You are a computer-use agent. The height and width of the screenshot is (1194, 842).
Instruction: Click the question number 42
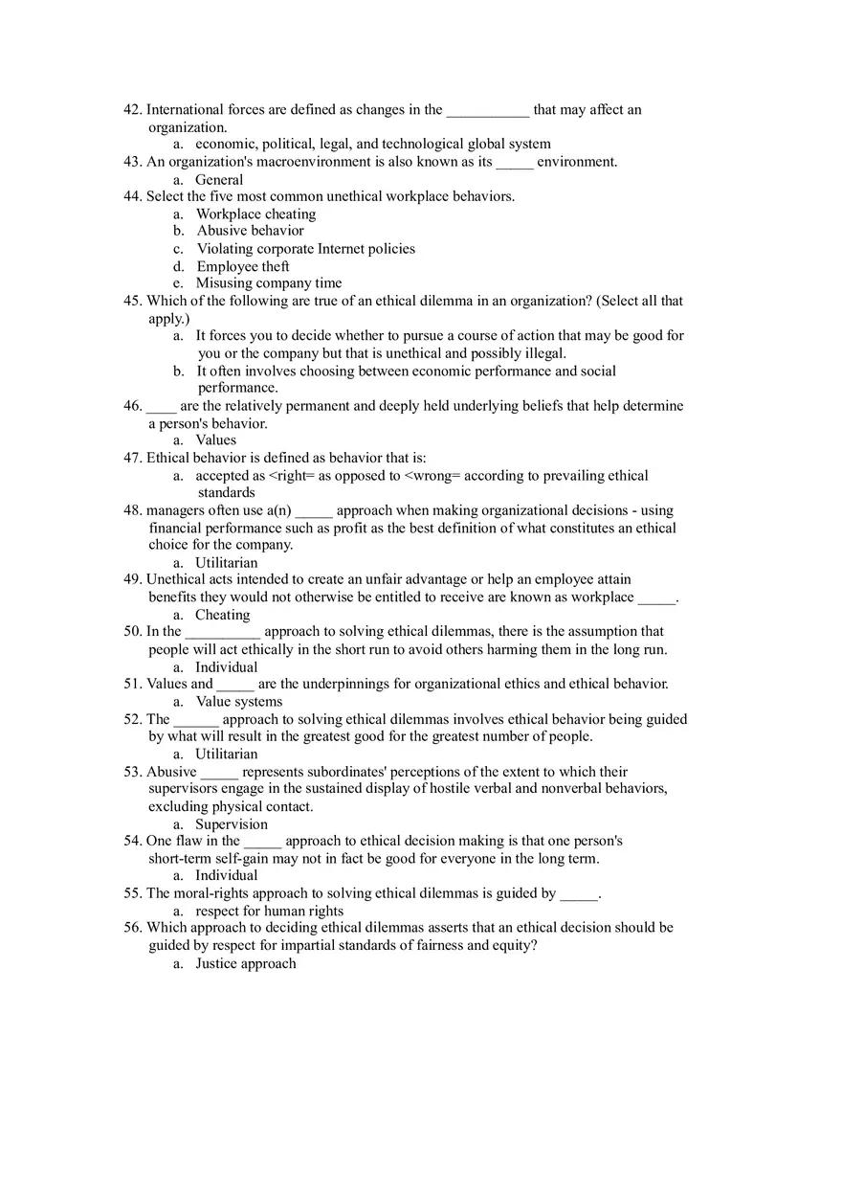pos(133,110)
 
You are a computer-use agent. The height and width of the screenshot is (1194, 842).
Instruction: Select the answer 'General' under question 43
pos(219,180)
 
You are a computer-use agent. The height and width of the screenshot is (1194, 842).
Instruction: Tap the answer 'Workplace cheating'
pos(255,214)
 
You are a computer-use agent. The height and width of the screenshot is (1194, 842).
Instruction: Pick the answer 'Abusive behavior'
pos(250,231)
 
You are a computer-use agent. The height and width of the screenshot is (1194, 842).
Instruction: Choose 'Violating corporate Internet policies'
pos(305,249)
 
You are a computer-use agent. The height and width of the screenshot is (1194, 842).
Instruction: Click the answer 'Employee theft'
pos(242,267)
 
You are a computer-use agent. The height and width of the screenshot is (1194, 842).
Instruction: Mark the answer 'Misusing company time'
pos(268,283)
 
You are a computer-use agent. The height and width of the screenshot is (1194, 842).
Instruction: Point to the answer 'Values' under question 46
pos(215,440)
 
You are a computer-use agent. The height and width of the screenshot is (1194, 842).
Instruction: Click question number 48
pos(133,510)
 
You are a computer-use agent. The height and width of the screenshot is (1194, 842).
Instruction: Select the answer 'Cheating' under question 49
pos(222,615)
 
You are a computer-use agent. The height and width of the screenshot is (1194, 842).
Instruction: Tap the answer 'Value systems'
pos(238,702)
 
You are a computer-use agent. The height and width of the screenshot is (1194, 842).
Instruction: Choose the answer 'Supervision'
pos(231,824)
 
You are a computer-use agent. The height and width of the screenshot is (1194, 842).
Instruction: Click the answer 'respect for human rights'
pos(269,912)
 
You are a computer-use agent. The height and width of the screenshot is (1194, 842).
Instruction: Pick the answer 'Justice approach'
pos(245,964)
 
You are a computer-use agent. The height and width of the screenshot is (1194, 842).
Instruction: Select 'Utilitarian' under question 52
pos(226,755)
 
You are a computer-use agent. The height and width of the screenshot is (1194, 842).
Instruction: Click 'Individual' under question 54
pos(226,876)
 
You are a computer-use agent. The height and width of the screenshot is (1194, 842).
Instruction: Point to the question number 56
pos(133,928)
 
